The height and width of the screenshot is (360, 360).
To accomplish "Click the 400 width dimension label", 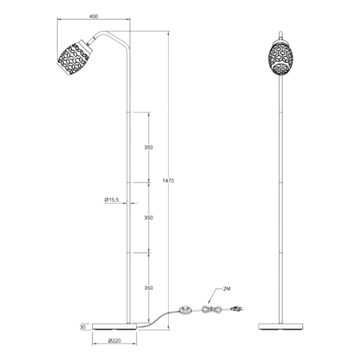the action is pos(94,16).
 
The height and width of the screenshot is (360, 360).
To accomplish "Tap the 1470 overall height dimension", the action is pos(168,181).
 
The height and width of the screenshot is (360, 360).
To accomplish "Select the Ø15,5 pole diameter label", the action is pos(111,200).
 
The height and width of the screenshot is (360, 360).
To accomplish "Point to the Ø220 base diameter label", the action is pos(115,341).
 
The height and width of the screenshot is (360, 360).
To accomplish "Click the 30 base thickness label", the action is pos(82,327).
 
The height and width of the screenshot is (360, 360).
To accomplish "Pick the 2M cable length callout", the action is pos(226,289).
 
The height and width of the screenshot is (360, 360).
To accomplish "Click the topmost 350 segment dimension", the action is pos(149,147).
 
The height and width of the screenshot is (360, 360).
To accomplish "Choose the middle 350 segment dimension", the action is pos(149,218).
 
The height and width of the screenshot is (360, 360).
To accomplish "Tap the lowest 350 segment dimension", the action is pos(149,288).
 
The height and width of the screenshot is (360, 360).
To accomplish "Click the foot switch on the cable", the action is pos(185,310).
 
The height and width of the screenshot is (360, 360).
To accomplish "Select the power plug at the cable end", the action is pos(236,309).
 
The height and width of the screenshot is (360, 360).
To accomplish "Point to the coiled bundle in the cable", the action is pos(211,309).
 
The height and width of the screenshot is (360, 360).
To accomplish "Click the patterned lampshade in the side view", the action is pos(75,58).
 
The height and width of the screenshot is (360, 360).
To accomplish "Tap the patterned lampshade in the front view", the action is pos(280,58).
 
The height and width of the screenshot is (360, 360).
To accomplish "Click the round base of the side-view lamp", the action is pos(115,327).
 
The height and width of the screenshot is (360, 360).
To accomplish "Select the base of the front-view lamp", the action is pos(280,327).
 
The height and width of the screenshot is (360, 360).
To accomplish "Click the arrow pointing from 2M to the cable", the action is pos(213,296).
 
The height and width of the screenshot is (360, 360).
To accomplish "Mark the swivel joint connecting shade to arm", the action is pos(90,41).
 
